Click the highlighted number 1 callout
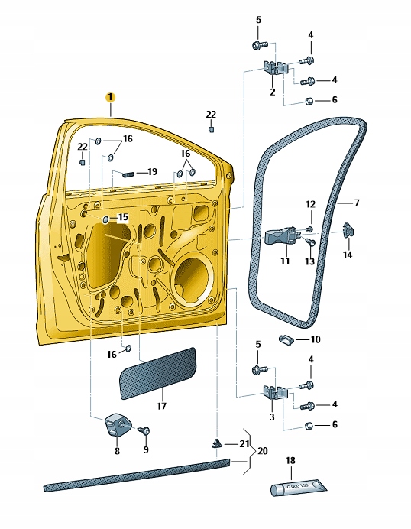pyautogui.click(x=110, y=97)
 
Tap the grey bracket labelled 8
pyautogui.click(x=116, y=423)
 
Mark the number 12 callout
pyautogui.click(x=310, y=204)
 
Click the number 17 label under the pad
pyautogui.click(x=161, y=407)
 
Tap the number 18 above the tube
pyautogui.click(x=290, y=461)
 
